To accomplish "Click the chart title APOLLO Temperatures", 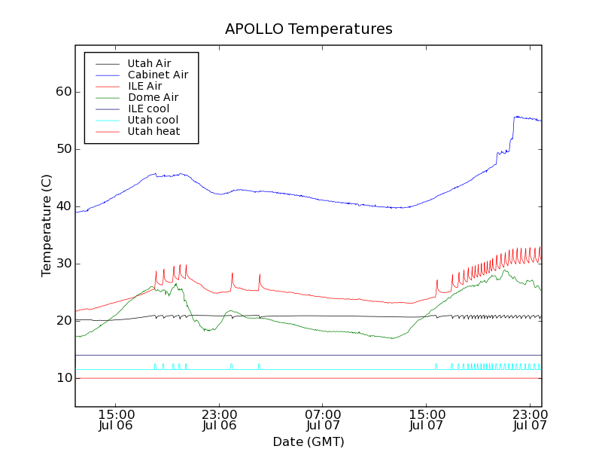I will pyautogui.click(x=309, y=29).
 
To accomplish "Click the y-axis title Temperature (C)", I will pyautogui.click(x=47, y=226).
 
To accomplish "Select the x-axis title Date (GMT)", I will pyautogui.click(x=309, y=441).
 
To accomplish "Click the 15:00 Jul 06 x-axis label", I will pyautogui.click(x=116, y=420).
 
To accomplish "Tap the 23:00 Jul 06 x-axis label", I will pyautogui.click(x=220, y=420).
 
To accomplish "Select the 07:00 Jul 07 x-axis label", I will pyautogui.click(x=323, y=420).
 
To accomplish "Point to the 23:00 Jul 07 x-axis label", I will pyautogui.click(x=530, y=420).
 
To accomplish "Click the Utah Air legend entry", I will pyautogui.click(x=149, y=63).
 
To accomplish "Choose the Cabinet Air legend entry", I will pyautogui.click(x=157, y=75).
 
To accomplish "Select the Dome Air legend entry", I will pyautogui.click(x=153, y=97).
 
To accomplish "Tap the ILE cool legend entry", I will pyautogui.click(x=148, y=108).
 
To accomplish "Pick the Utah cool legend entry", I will pyautogui.click(x=153, y=120).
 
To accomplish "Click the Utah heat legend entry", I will pyautogui.click(x=153, y=131).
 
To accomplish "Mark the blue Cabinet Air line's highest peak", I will pyautogui.click(x=516, y=116).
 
